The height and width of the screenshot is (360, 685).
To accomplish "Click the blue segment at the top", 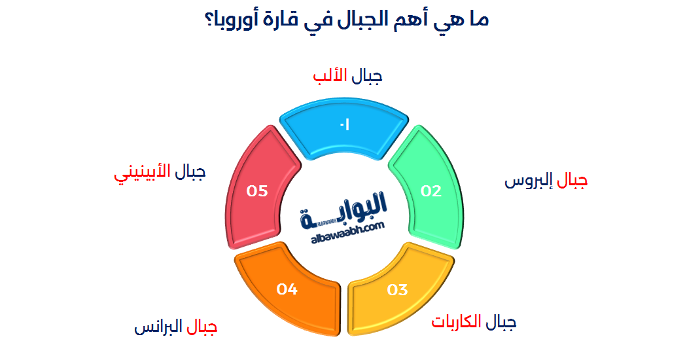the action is click(x=344, y=127).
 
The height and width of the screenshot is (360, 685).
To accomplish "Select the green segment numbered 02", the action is click(x=430, y=191).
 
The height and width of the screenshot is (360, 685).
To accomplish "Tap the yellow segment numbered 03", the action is click(x=398, y=291).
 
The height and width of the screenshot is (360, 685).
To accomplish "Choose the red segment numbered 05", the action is click(x=258, y=191).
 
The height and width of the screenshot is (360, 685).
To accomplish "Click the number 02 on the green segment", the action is click(x=431, y=191).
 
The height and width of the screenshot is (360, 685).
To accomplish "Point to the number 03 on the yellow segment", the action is click(x=398, y=290).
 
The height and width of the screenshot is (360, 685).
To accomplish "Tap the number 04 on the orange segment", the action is click(x=287, y=289).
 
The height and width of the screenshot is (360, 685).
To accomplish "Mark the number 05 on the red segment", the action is click(x=257, y=191).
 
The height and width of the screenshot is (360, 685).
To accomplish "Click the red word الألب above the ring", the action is click(x=330, y=75).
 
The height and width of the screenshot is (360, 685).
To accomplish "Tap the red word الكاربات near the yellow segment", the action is click(x=456, y=321).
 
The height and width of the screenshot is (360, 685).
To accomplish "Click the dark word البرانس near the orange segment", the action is click(x=158, y=327).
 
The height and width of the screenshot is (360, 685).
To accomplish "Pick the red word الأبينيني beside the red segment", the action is click(x=142, y=173).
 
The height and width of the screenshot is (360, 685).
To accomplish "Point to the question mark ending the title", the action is click(x=208, y=20).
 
